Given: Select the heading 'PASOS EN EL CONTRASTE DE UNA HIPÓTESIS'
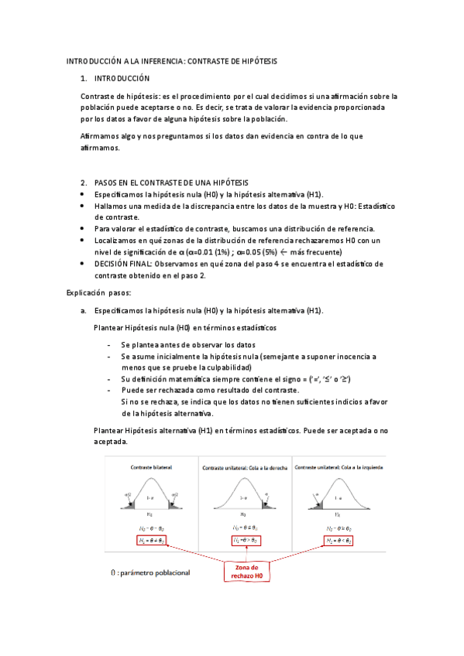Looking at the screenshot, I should (x=164, y=182).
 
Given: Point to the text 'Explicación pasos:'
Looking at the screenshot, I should (x=98, y=293).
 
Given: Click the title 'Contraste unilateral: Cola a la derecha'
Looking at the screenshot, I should (x=244, y=469).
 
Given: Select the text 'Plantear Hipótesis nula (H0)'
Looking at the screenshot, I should (x=142, y=328).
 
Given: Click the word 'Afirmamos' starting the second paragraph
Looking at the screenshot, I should (x=98, y=136).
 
